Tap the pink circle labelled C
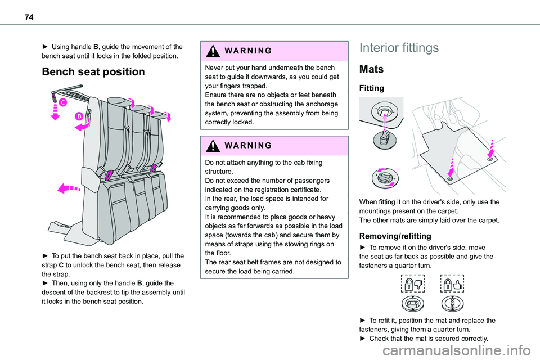click(62, 102)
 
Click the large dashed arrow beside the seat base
click(69, 187)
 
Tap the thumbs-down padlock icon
click(413, 282)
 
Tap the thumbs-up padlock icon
click(453, 282)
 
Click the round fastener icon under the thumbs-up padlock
click(453, 304)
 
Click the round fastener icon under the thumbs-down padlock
click(413, 304)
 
